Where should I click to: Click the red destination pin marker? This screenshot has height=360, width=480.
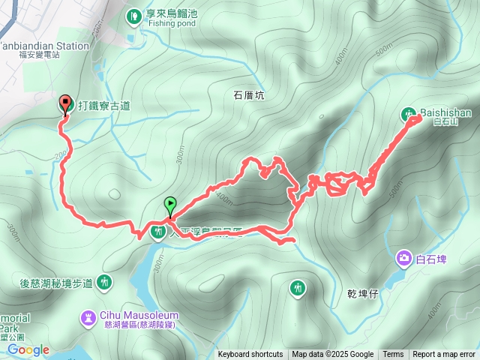pos(64,104)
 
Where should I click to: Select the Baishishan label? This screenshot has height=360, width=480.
pos(445,112)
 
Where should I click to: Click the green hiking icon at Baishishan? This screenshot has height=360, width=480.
pos(409,115)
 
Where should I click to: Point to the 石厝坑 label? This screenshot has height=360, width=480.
pos(250,95)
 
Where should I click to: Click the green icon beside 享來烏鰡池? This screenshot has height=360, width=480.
pos(133,14)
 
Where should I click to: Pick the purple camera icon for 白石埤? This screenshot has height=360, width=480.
pos(405,259)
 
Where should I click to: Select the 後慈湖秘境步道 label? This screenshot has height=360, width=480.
pos(57,283)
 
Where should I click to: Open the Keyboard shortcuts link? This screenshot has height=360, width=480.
pos(250,355)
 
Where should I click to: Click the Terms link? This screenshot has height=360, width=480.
pos(393,355)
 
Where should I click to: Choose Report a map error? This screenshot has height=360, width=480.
pos(445,355)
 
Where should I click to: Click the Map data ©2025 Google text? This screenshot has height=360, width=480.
pos(333,355)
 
